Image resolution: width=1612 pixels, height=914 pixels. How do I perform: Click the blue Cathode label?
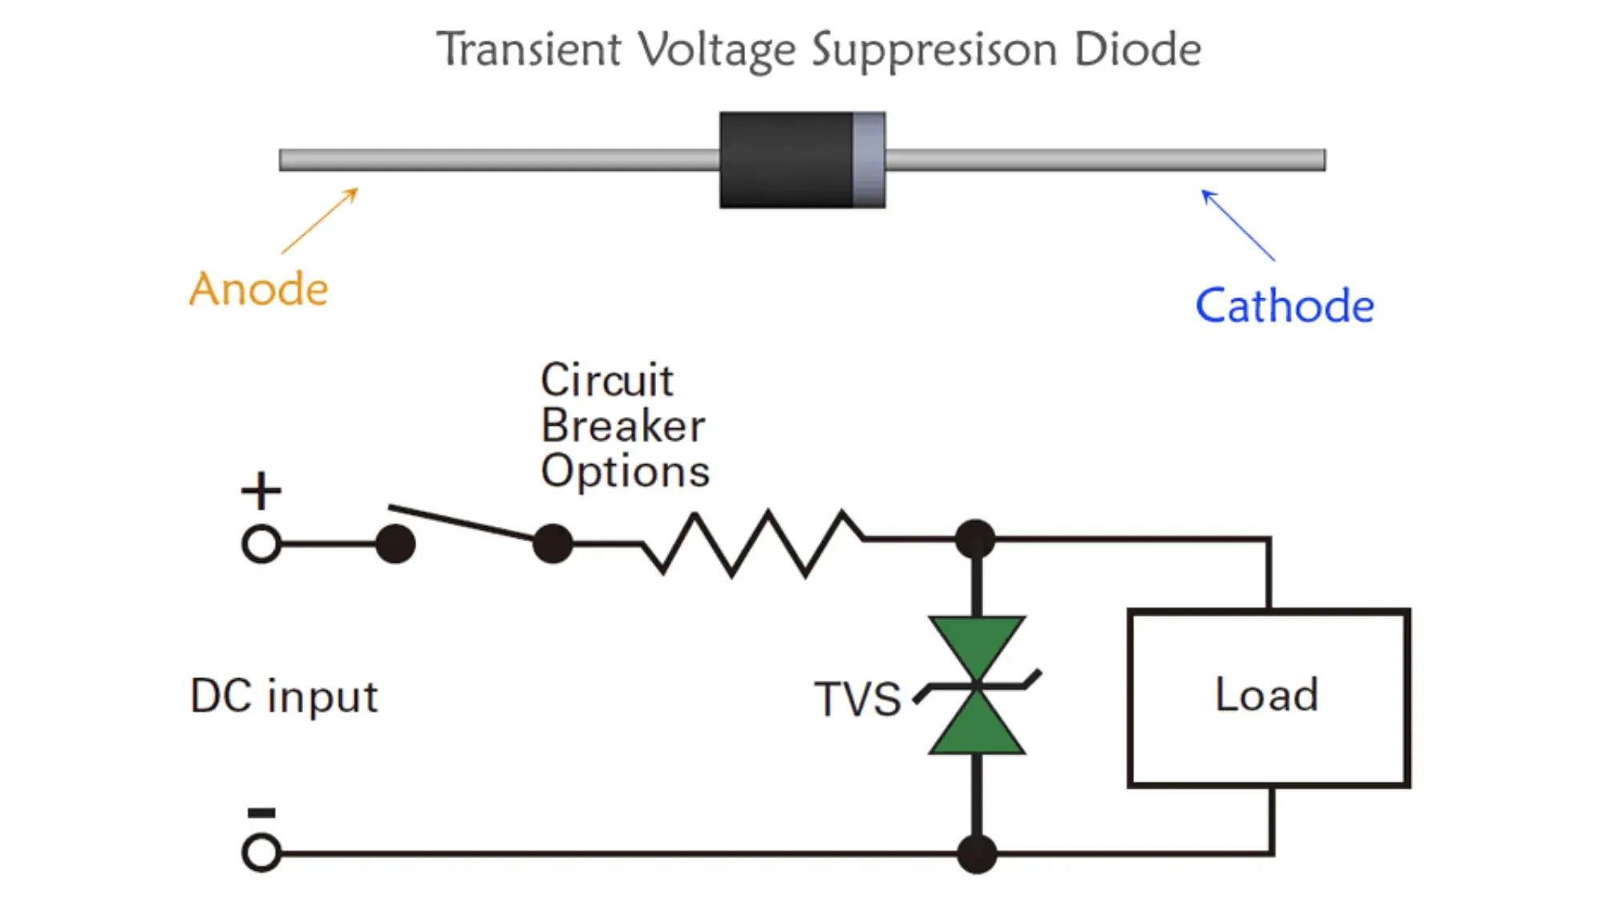pyautogui.click(x=1284, y=305)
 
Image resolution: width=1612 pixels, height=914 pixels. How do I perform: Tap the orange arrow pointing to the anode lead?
pyautogui.click(x=320, y=221)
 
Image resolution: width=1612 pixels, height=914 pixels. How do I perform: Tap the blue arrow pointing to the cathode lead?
pyautogui.click(x=1237, y=224)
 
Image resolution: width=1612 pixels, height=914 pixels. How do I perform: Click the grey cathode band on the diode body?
pyautogui.click(x=868, y=160)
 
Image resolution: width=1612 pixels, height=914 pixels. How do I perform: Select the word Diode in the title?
pyautogui.click(x=1137, y=50)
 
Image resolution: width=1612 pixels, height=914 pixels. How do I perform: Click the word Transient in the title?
pyautogui.click(x=529, y=50)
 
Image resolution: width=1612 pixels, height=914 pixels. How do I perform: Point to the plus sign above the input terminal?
pyautogui.click(x=261, y=491)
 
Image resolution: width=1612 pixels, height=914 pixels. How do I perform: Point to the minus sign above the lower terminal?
pyautogui.click(x=261, y=813)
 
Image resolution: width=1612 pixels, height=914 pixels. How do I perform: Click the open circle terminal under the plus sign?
pyautogui.click(x=261, y=544)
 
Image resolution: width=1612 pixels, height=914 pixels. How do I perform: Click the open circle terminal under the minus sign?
pyautogui.click(x=261, y=852)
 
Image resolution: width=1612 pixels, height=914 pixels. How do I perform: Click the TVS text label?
pyautogui.click(x=857, y=699)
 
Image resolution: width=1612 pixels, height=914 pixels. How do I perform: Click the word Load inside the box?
pyautogui.click(x=1266, y=694)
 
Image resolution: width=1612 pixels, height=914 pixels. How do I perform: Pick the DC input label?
pyautogui.click(x=284, y=696)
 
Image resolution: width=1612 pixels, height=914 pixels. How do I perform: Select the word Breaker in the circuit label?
pyautogui.click(x=623, y=426)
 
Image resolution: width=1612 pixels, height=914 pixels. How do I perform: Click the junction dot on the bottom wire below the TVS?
pyautogui.click(x=977, y=853)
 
